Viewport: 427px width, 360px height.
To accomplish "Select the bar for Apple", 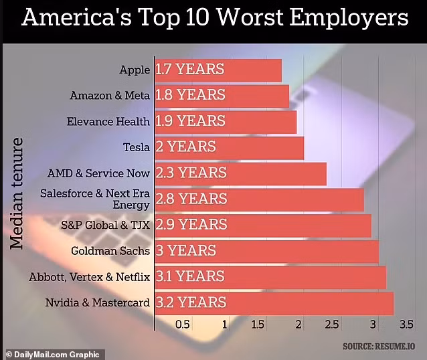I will [x=218, y=70].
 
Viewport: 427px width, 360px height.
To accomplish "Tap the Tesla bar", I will [x=229, y=147].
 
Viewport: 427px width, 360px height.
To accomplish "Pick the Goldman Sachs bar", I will [x=266, y=251].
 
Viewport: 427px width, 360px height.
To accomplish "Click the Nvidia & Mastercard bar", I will [x=274, y=302].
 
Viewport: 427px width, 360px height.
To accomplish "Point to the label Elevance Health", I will [x=108, y=121].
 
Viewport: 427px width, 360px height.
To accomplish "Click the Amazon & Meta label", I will [x=110, y=96].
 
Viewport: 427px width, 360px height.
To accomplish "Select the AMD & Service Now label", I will [x=98, y=173].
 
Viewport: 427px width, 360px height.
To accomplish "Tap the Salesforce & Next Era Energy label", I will [x=95, y=199].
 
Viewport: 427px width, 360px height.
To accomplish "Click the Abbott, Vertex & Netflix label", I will [x=90, y=276].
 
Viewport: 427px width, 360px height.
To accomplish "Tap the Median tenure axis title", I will [x=17, y=194].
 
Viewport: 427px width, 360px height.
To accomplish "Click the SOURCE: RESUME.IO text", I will [x=380, y=346].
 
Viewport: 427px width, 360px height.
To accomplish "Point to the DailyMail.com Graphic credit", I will [x=52, y=354].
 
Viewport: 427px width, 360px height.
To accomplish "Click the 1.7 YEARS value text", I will [x=189, y=70].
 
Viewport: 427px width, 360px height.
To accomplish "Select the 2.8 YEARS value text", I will [x=191, y=199].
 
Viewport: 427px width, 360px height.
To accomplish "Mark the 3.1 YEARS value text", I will [x=191, y=276].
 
